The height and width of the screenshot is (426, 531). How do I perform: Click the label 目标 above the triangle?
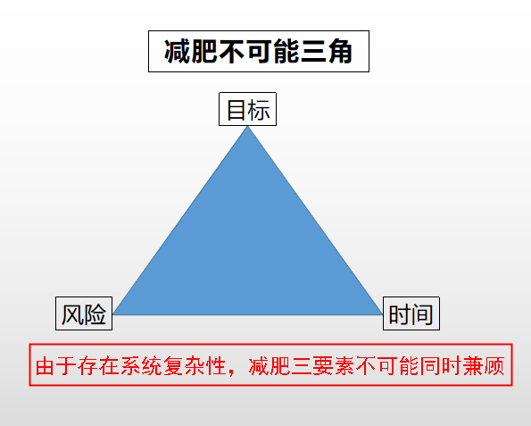pyautogui.click(x=247, y=109)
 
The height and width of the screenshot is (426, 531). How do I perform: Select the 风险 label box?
pyautogui.click(x=84, y=313)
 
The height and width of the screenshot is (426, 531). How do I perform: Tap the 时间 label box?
pyautogui.click(x=411, y=313)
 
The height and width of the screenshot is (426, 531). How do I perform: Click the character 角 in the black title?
pyautogui.click(x=340, y=52)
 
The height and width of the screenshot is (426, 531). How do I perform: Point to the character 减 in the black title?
pyautogui.click(x=177, y=52)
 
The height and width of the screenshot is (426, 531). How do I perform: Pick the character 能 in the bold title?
pyautogui.click(x=286, y=52)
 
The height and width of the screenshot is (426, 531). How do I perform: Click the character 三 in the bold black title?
pyautogui.click(x=313, y=52)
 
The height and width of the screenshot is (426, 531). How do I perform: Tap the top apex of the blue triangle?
pyautogui.click(x=247, y=126)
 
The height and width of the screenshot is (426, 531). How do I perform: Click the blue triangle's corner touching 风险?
pyautogui.click(x=112, y=313)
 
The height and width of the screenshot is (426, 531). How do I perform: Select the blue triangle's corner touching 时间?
pyautogui.click(x=382, y=313)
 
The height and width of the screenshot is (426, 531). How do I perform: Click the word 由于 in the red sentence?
pyautogui.click(x=56, y=365)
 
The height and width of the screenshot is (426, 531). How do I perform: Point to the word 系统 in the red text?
pyautogui.click(x=141, y=365)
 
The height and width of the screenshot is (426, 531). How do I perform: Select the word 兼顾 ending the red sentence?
pyautogui.click(x=483, y=365)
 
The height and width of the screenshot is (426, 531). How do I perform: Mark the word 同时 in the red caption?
pyautogui.click(x=440, y=365)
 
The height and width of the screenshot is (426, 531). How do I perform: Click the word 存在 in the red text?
pyautogui.click(x=98, y=365)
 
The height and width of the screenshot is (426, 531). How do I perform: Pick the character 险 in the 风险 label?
pyautogui.click(x=95, y=313)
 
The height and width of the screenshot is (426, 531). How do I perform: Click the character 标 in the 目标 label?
pyautogui.click(x=259, y=110)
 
